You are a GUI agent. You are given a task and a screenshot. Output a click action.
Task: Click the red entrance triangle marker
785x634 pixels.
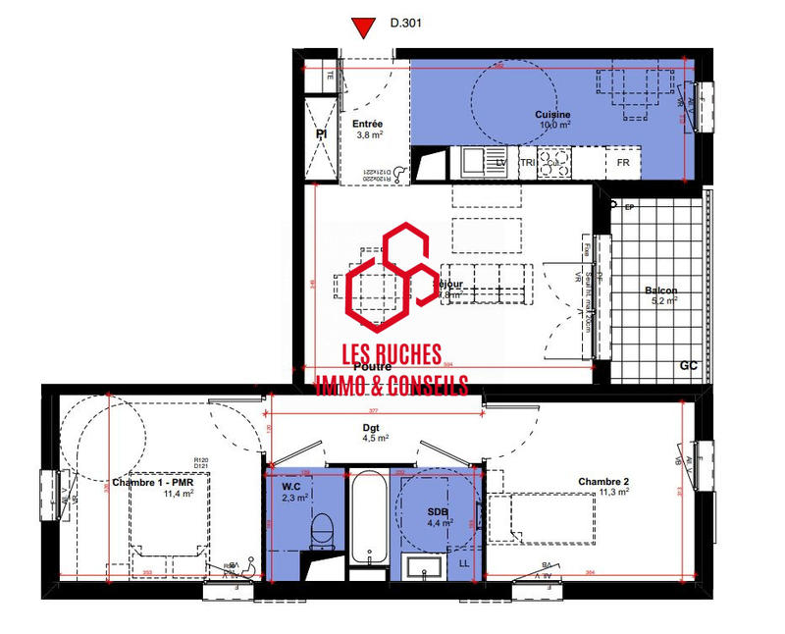pos(365,27)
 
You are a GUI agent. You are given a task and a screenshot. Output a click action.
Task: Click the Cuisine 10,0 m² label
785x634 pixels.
pos(552,120)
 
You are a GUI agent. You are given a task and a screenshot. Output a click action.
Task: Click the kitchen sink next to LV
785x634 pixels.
pos(475,161)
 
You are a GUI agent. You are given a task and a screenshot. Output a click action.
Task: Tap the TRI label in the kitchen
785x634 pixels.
pos(527,162)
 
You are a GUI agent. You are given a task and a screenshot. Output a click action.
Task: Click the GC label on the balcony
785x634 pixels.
pos(689,365)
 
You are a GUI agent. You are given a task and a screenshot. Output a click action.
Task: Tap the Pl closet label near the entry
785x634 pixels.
pos(321,134)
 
